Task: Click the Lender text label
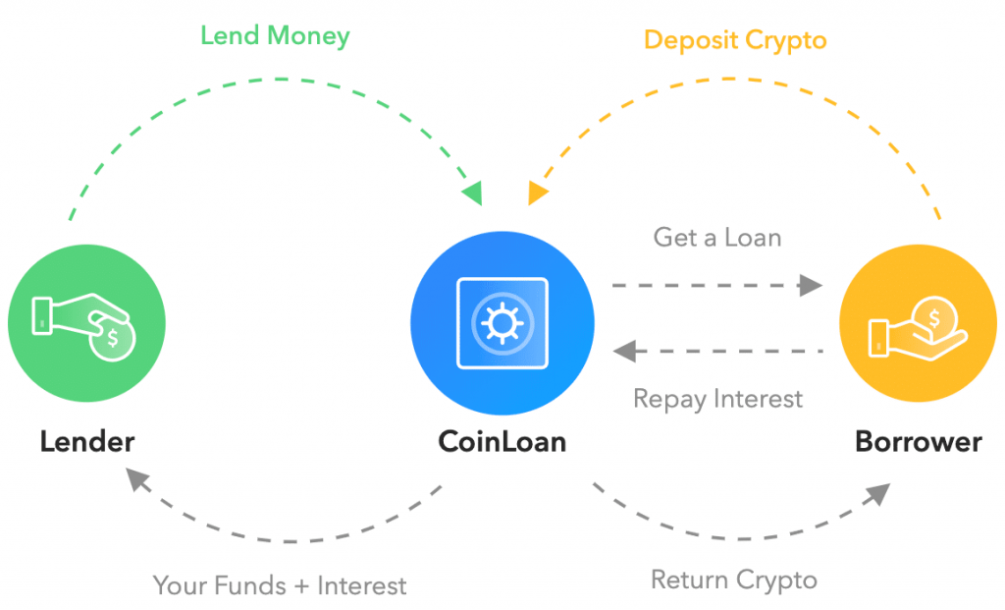tap(87, 441)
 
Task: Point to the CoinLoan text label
tap(502, 441)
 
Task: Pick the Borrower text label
tap(918, 441)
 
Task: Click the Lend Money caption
tap(275, 37)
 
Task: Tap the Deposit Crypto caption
tap(735, 40)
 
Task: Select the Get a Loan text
tap(717, 237)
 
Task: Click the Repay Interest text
tap(717, 399)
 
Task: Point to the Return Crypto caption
tap(734, 580)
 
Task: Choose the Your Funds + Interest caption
tap(280, 586)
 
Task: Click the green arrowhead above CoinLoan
tap(473, 193)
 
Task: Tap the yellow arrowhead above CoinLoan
tap(536, 193)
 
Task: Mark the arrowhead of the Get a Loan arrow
tap(811, 286)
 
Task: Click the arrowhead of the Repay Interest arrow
tap(624, 351)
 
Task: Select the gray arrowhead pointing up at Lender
tap(137, 480)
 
